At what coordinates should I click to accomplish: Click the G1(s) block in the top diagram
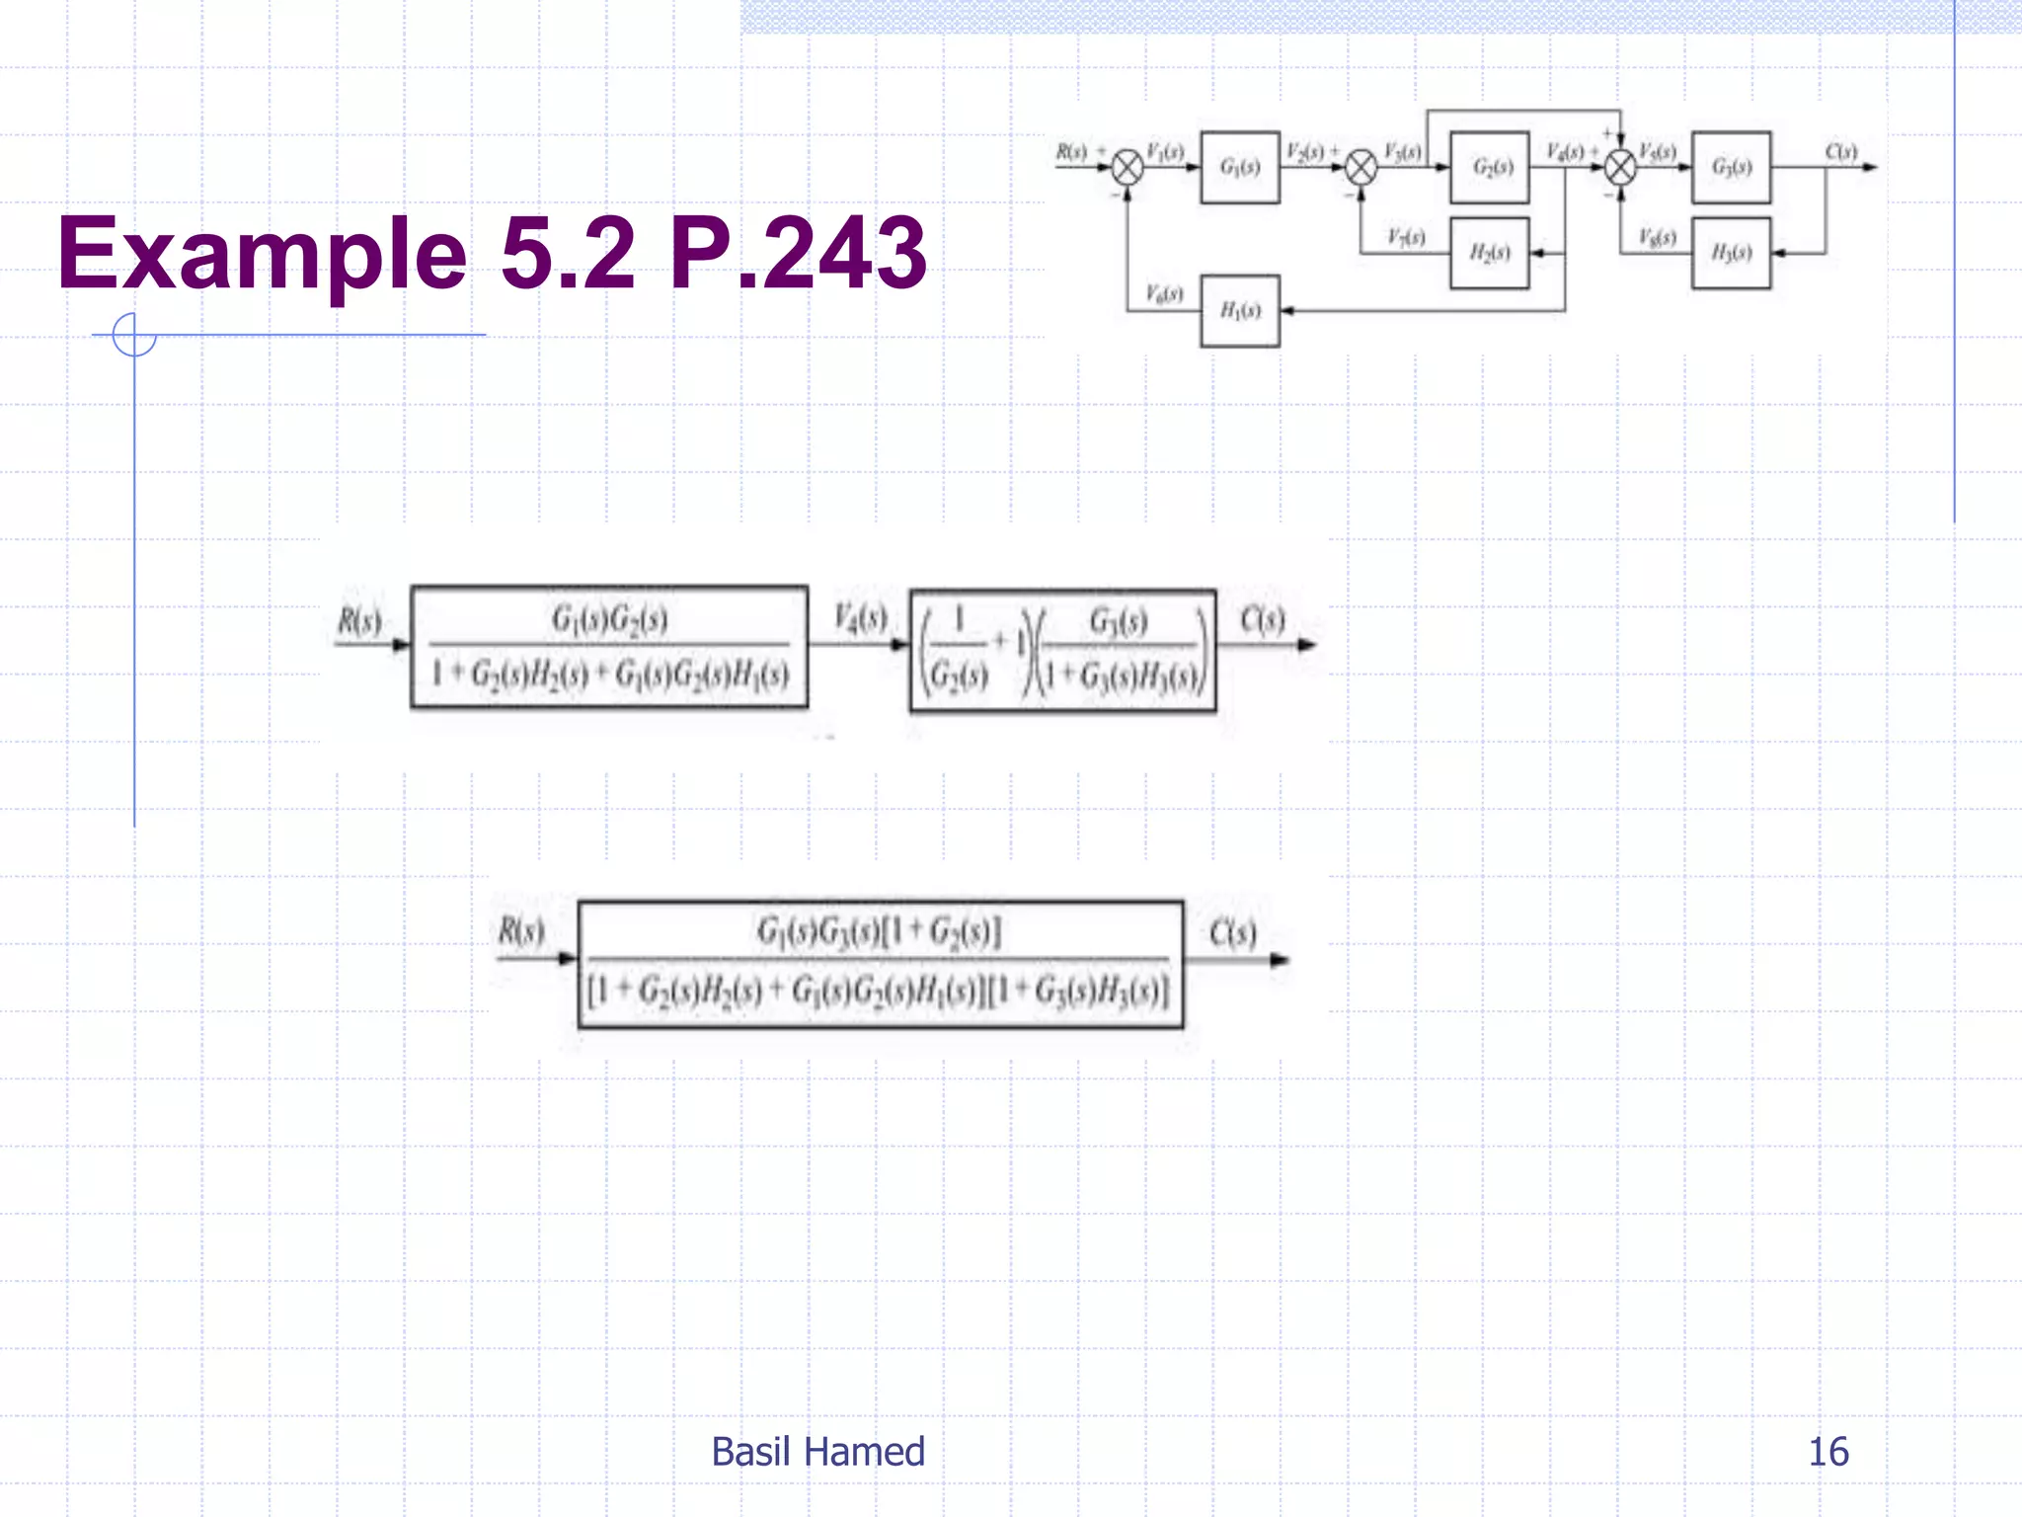[x=1239, y=167]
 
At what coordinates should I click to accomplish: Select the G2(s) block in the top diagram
[x=1490, y=167]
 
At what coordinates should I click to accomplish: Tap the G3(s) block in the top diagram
[x=1731, y=167]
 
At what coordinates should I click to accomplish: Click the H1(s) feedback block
[x=1239, y=311]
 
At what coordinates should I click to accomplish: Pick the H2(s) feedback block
[x=1490, y=253]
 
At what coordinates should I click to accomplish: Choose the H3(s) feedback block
[x=1731, y=253]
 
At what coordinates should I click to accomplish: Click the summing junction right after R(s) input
[x=1128, y=167]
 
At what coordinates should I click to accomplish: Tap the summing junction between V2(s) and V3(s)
[x=1361, y=167]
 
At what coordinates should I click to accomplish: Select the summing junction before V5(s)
[x=1620, y=167]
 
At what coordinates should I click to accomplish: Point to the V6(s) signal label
[x=1164, y=293]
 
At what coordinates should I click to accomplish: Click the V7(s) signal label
[x=1406, y=237]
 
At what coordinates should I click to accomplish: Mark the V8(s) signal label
[x=1658, y=237]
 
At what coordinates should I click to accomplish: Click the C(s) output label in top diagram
[x=1841, y=151]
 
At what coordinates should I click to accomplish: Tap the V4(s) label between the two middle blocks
[x=860, y=618]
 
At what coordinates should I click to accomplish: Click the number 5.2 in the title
[x=568, y=253]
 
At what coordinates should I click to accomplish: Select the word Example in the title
[x=262, y=255]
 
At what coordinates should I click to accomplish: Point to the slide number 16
[x=1828, y=1452]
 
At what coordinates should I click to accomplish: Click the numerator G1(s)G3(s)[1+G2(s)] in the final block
[x=879, y=930]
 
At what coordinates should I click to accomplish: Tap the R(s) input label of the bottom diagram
[x=520, y=930]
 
